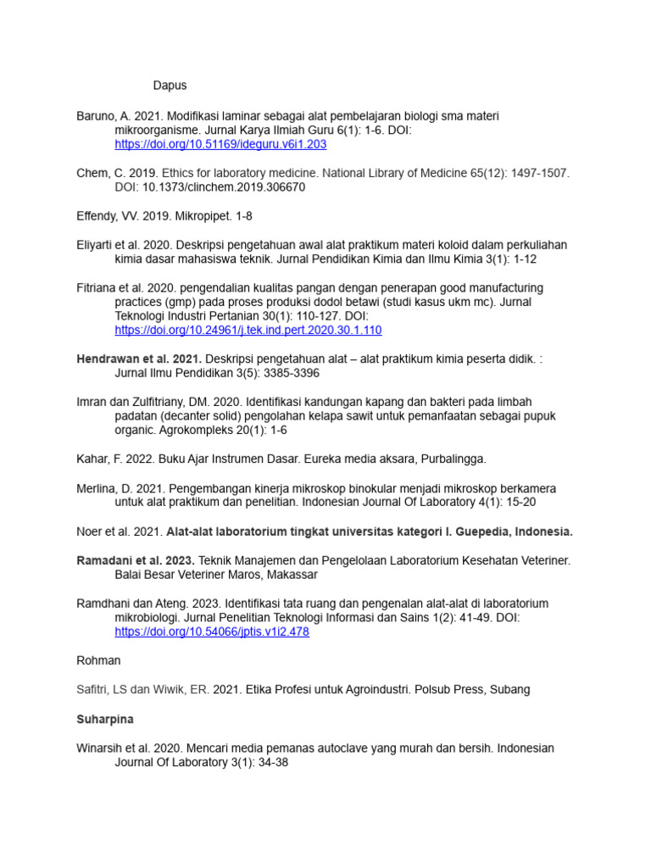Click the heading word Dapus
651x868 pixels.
[x=170, y=86]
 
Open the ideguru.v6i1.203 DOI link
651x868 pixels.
[x=220, y=145]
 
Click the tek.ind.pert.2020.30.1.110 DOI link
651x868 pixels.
[x=248, y=331]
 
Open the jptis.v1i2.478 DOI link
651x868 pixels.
[x=212, y=632]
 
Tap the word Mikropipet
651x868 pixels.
[x=187, y=216]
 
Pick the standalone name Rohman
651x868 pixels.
[x=98, y=660]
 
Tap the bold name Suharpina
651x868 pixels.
[x=105, y=719]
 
